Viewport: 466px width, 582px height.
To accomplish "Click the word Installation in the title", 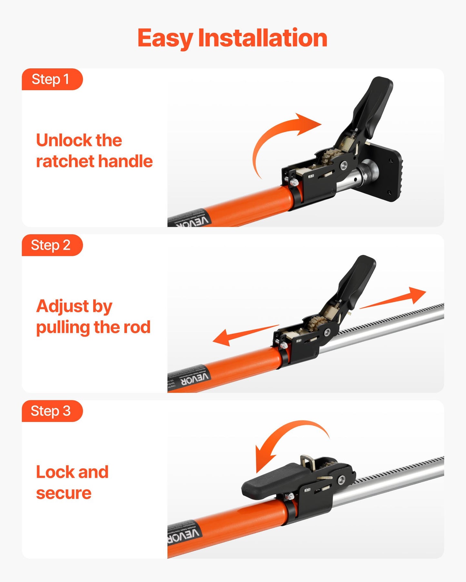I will coord(263,38).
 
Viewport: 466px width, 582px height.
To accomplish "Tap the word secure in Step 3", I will coord(64,493).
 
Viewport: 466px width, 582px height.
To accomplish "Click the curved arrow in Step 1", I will coord(277,139).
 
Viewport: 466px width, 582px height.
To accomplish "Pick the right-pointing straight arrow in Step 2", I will coord(397,298).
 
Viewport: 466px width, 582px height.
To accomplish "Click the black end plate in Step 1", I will coord(385,174).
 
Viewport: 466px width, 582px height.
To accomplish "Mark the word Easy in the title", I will coord(164,38).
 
